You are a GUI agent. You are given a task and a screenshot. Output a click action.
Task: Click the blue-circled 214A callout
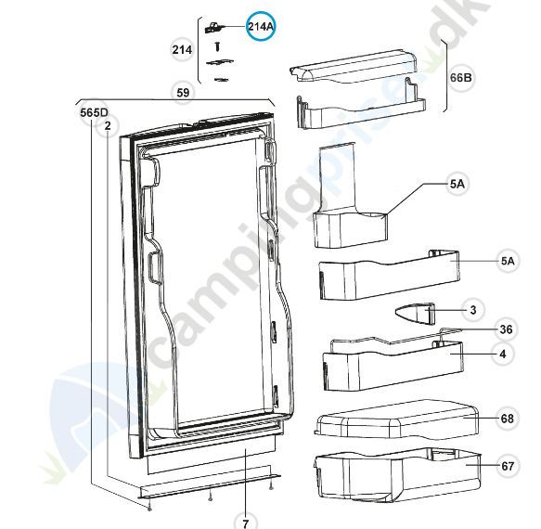[261, 27]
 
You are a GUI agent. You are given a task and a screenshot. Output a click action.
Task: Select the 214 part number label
[182, 50]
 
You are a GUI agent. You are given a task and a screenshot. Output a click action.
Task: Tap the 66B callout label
[460, 78]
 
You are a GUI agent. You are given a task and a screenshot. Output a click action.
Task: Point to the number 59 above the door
[183, 93]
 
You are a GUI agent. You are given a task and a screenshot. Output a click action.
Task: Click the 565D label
[94, 113]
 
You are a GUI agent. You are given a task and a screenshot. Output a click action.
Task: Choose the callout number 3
[473, 310]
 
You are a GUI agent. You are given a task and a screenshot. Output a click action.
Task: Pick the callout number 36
[506, 329]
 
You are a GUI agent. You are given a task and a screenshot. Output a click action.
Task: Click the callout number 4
[503, 354]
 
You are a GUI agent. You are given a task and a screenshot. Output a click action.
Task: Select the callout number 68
[508, 419]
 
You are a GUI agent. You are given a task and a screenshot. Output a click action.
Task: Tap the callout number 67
[508, 466]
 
